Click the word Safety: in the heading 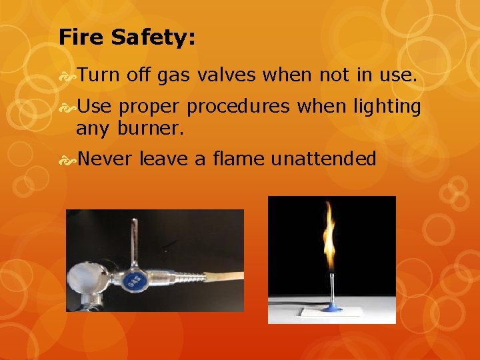(x=153, y=39)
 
